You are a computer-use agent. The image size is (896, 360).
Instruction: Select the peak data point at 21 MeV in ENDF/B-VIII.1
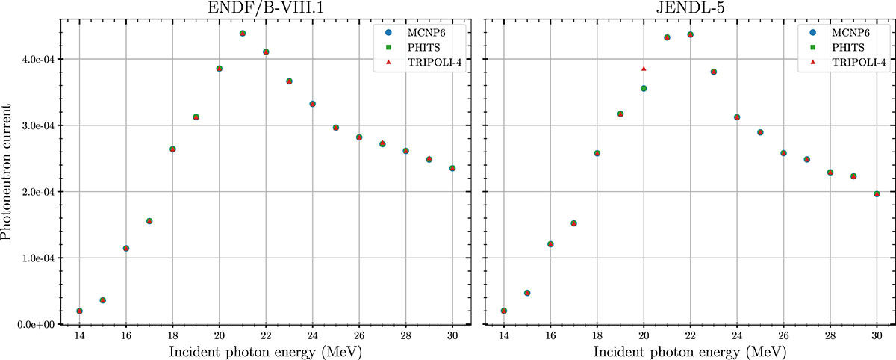click(243, 34)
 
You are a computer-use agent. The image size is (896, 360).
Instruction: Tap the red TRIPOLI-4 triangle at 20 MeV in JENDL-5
click(644, 69)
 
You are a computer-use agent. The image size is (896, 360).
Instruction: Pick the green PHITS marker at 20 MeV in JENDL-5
click(644, 88)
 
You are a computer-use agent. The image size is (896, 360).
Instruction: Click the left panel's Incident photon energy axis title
click(266, 350)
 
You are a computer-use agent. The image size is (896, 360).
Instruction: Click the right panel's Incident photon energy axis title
click(691, 350)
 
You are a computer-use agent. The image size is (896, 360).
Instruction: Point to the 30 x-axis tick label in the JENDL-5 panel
click(877, 335)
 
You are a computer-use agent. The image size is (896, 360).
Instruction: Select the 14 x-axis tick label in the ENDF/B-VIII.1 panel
click(79, 335)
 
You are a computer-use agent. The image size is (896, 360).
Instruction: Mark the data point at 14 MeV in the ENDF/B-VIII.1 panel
click(79, 311)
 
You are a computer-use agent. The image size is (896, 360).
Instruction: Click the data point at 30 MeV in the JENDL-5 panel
click(877, 194)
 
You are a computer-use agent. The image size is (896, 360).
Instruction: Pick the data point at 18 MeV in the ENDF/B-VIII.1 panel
click(172, 149)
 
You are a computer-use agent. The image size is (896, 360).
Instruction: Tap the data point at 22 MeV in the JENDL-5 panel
click(690, 34)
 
